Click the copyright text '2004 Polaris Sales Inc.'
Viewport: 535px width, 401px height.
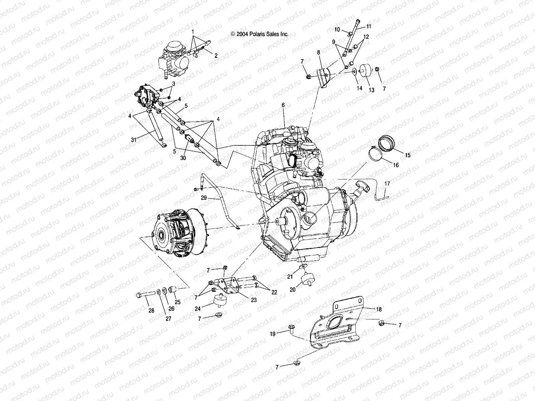tap(259, 34)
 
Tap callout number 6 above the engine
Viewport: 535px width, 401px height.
tap(283, 105)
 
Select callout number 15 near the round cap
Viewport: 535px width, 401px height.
tap(407, 155)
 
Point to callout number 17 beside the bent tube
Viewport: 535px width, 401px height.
tap(387, 184)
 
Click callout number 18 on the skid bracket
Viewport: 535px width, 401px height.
tap(379, 309)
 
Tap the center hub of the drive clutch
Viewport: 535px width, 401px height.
tap(165, 236)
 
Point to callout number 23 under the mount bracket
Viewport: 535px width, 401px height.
tap(253, 300)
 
